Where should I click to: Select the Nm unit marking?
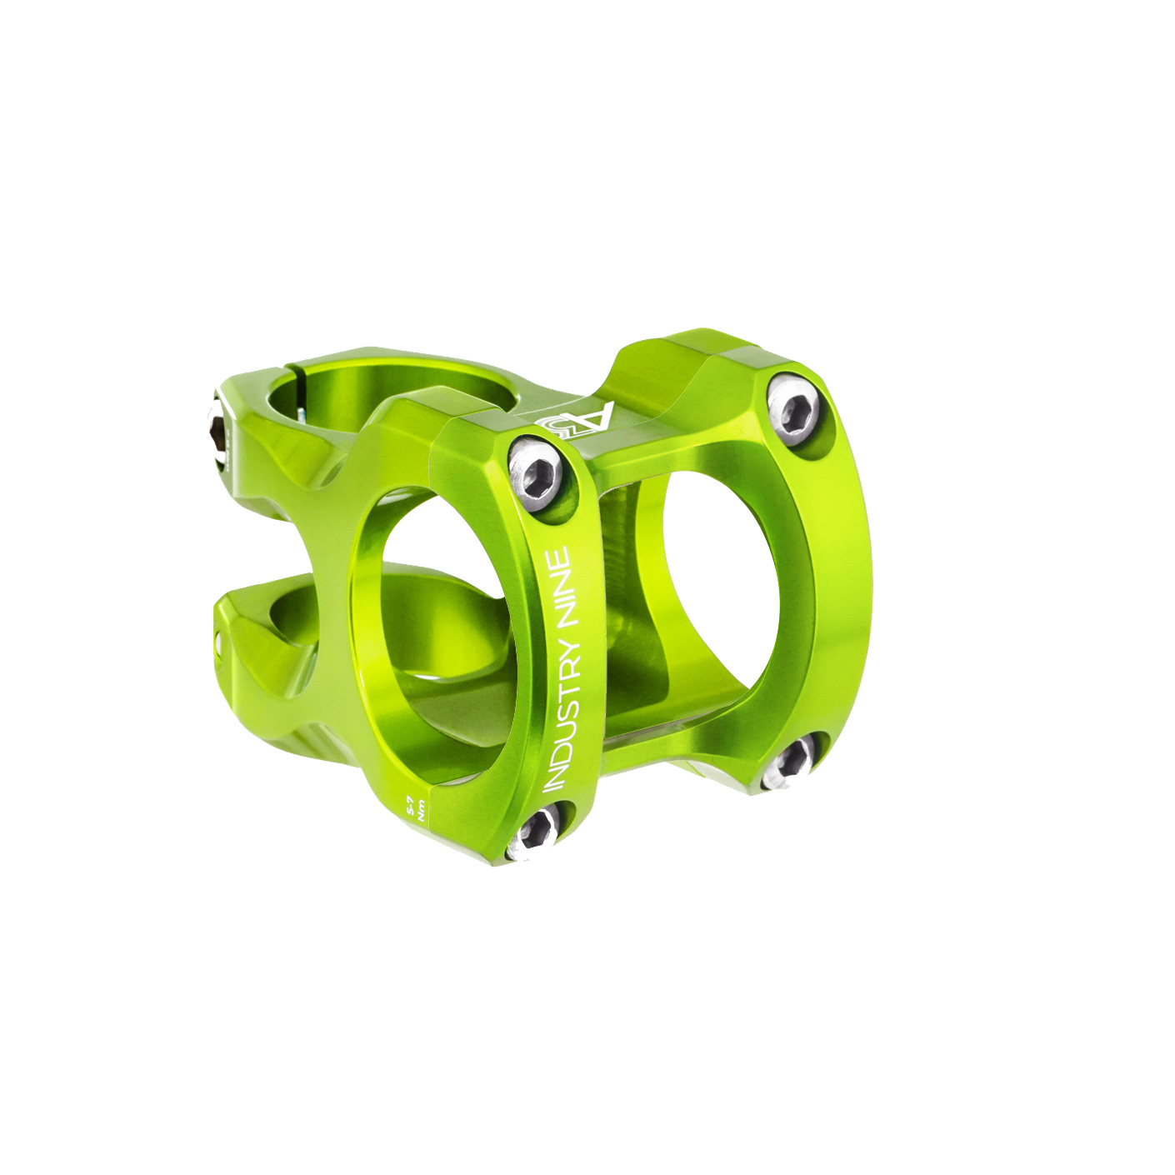[422, 808]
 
